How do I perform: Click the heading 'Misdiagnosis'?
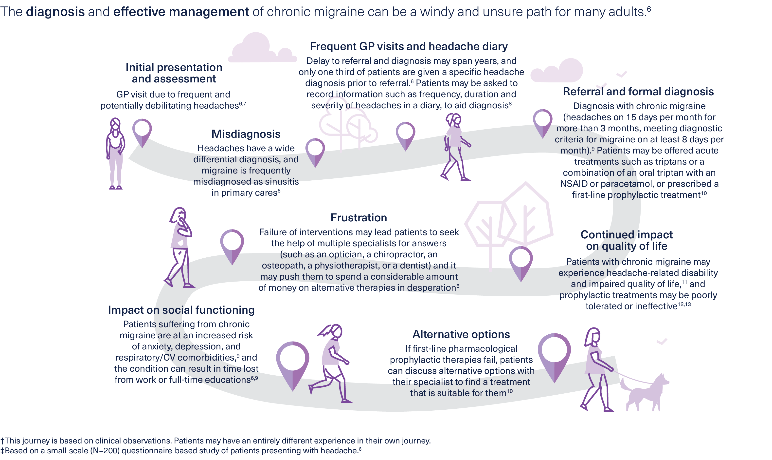click(x=246, y=134)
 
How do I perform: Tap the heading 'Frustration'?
click(x=359, y=218)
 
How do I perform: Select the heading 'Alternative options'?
click(x=461, y=334)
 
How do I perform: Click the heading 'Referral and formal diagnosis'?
click(x=638, y=92)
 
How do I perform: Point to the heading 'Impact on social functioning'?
click(x=181, y=310)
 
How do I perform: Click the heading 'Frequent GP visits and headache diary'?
click(x=409, y=46)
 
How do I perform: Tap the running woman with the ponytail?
click(x=331, y=363)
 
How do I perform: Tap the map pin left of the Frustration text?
click(x=232, y=245)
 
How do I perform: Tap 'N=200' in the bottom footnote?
click(x=105, y=451)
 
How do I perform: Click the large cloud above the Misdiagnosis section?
click(x=262, y=48)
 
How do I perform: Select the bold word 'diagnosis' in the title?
click(x=55, y=12)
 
